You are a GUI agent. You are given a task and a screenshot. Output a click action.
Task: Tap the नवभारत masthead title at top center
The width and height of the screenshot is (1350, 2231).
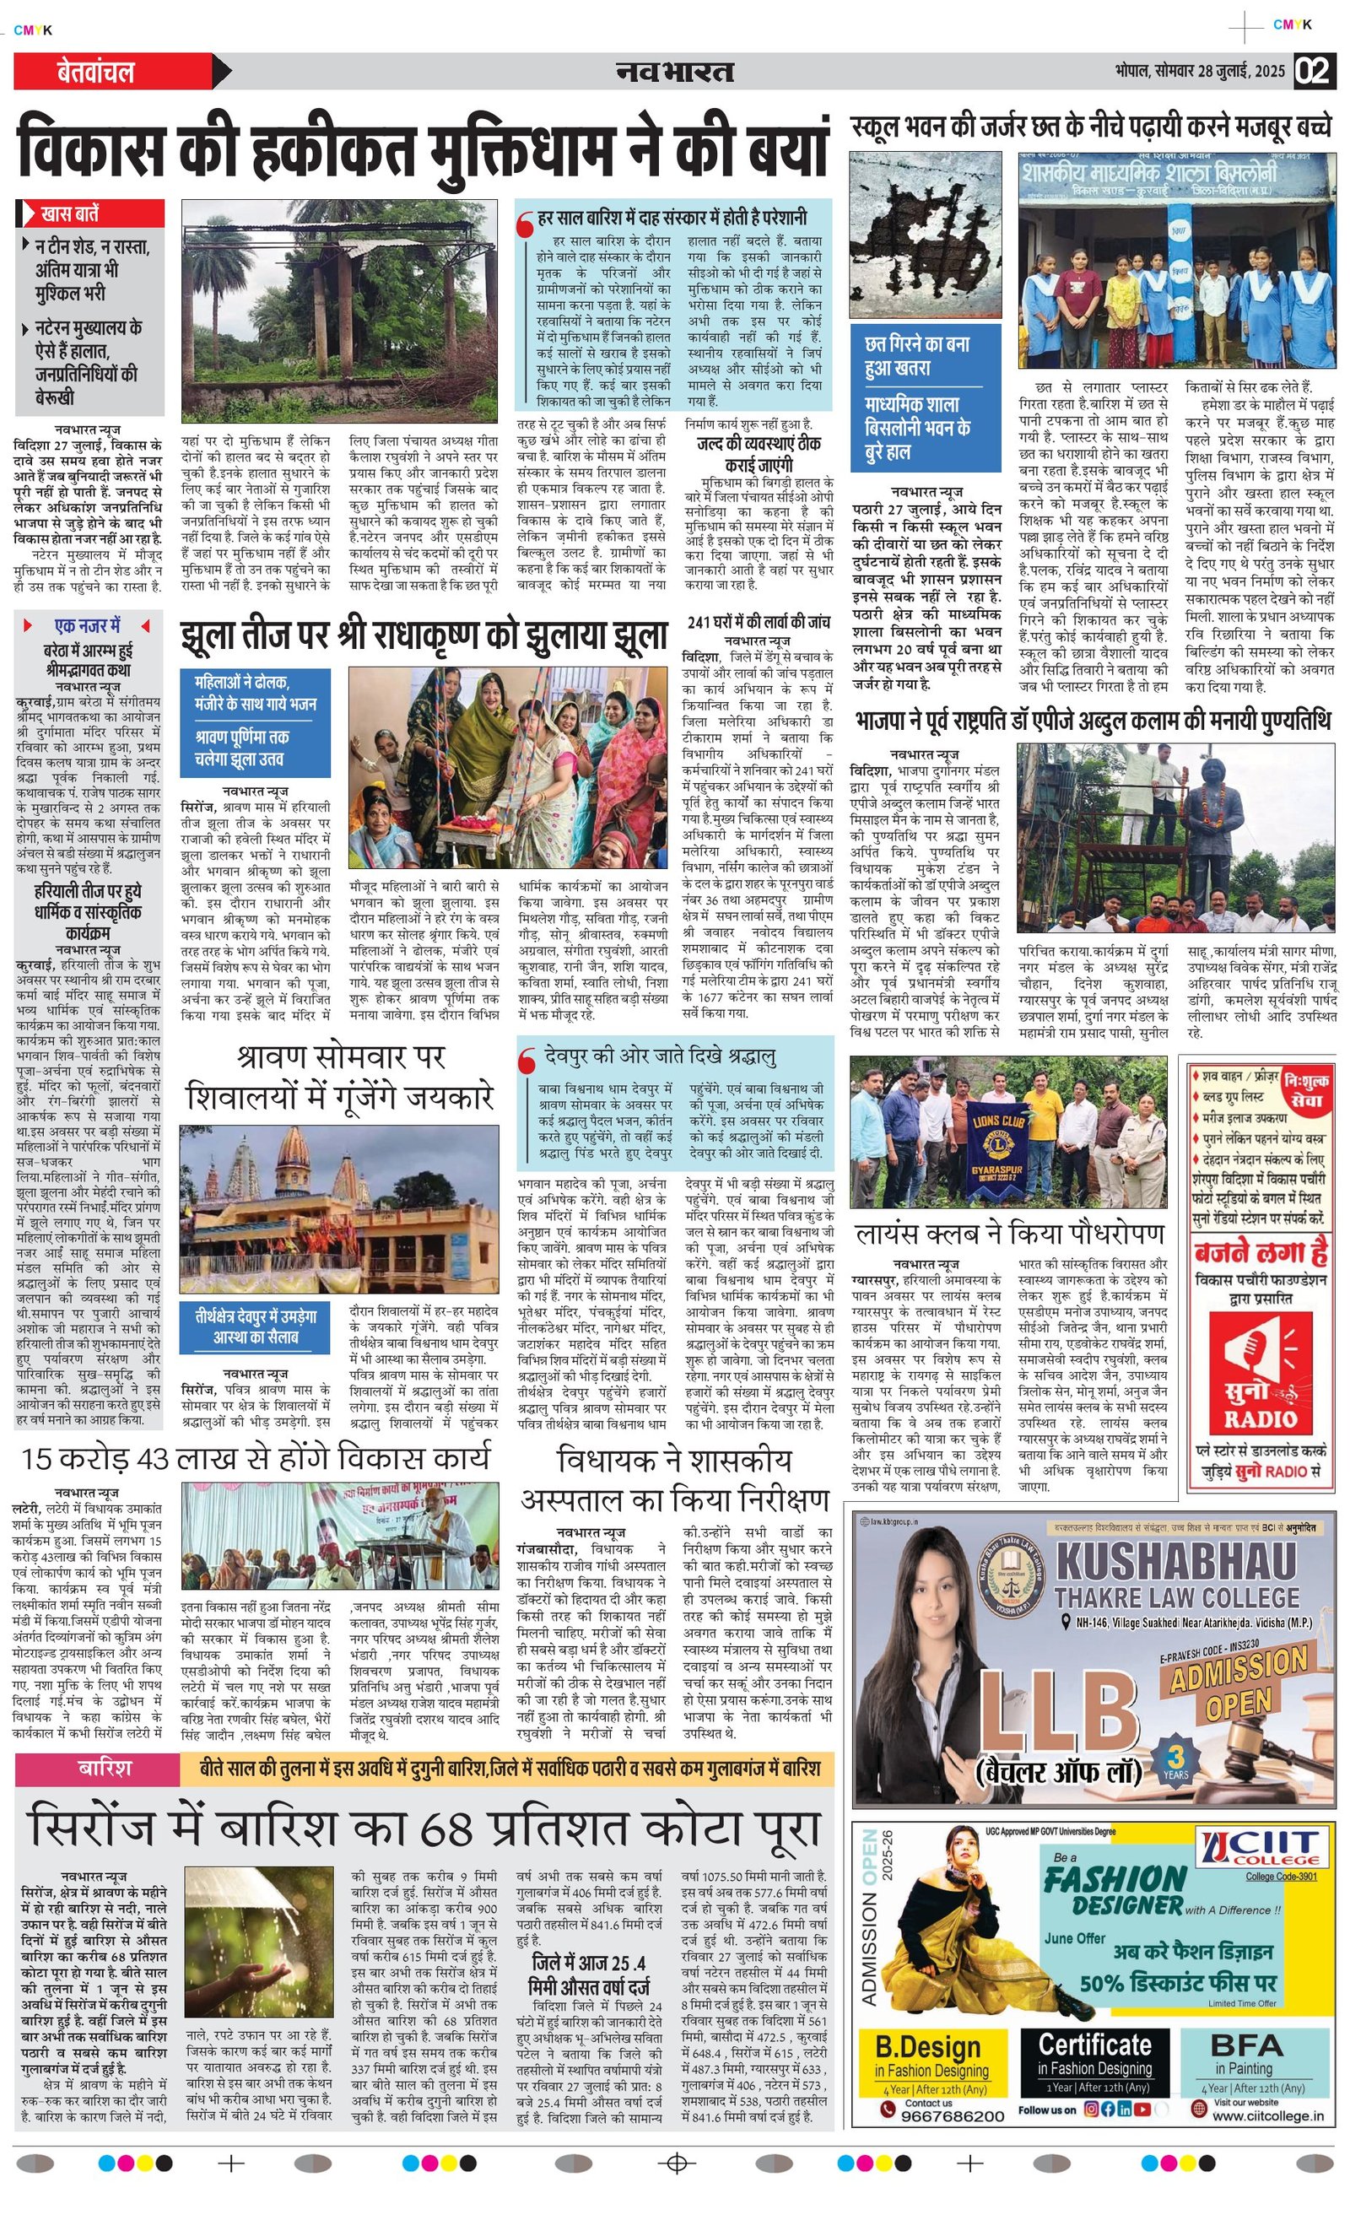tap(674, 72)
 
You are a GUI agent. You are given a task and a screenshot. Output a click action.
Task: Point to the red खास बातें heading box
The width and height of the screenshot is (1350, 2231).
tap(90, 213)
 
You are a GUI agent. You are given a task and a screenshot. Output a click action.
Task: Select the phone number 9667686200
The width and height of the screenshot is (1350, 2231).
tap(953, 2116)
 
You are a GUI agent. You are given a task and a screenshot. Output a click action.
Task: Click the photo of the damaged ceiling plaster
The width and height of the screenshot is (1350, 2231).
tap(926, 237)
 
